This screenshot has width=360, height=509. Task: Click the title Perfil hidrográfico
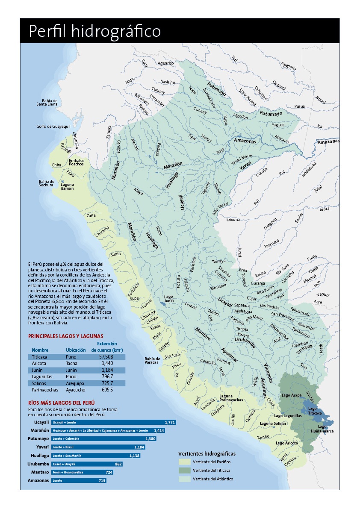coord(94,31)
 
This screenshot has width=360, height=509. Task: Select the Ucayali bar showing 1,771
coord(114,422)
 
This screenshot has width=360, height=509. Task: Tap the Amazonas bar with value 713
coord(78,480)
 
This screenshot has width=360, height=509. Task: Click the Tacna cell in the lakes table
coord(72,363)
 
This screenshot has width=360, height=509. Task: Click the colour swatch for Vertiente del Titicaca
coord(184,471)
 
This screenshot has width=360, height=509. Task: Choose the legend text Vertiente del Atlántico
coord(213,479)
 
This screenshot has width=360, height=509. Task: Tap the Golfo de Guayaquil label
coord(53,127)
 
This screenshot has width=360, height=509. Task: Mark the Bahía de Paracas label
coord(152,360)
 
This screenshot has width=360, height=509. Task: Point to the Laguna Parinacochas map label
coord(231,398)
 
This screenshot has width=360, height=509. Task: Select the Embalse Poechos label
coord(76,162)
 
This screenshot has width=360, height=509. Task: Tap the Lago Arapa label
coord(292,395)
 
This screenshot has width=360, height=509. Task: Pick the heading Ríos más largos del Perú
coord(61,403)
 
